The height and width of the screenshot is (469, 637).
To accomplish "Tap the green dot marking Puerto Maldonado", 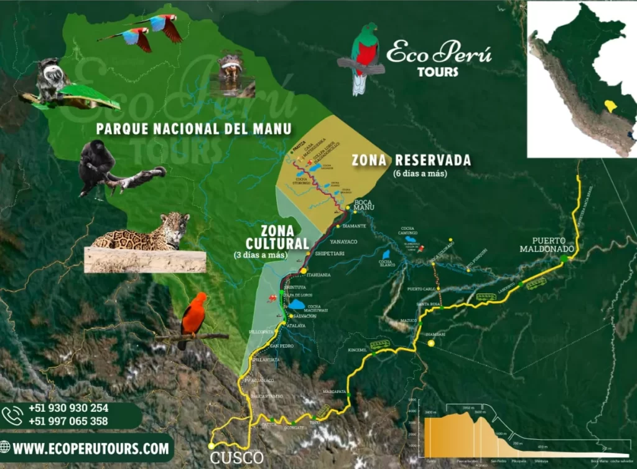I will click(x=564, y=258).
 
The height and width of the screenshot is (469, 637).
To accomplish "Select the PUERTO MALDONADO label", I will click(x=541, y=245).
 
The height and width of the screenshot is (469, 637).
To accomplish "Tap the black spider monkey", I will click(x=96, y=163).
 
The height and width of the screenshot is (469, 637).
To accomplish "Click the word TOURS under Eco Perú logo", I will click(x=438, y=72).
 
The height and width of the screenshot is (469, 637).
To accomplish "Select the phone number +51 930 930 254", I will click(x=68, y=409).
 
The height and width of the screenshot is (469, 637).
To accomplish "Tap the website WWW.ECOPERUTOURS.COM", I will click(x=91, y=448).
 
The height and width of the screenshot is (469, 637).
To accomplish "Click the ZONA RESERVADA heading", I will click(x=411, y=160).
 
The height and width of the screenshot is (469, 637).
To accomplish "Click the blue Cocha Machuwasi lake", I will click(x=297, y=304).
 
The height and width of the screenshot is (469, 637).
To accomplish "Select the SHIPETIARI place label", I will click(x=330, y=254).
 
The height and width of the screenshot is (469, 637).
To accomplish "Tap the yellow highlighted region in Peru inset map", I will click(x=611, y=106).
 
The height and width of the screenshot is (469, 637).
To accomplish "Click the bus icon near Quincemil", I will click(x=379, y=344).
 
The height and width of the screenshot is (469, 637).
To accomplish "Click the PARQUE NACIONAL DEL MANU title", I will click(x=193, y=129).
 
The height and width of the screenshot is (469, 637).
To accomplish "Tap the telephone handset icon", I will click(x=12, y=415).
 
